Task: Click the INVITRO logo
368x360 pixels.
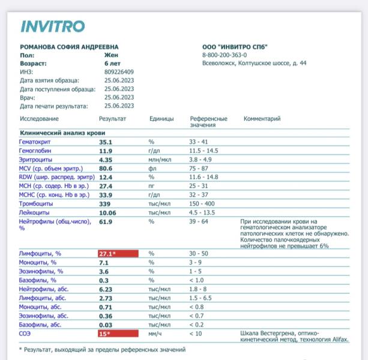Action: tap(53, 26)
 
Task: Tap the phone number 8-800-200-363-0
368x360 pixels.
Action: tap(229, 55)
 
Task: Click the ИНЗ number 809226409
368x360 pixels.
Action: tap(118, 71)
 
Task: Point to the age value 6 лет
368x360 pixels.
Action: tap(113, 63)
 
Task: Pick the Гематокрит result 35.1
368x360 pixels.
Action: tap(106, 142)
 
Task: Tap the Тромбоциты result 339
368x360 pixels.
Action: tap(106, 204)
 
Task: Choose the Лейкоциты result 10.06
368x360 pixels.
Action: tap(108, 212)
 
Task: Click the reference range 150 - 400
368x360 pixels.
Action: tap(203, 204)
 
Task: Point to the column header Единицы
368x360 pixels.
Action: tap(161, 119)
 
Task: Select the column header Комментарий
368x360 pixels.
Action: tap(262, 119)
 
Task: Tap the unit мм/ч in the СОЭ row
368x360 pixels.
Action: tap(156, 332)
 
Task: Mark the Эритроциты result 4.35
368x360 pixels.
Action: tap(106, 160)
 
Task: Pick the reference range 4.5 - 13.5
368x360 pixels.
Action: tap(203, 212)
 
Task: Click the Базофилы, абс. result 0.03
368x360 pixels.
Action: tap(106, 324)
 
